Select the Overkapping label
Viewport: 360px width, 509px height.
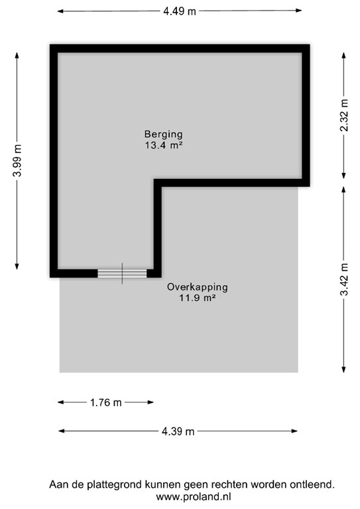pos(198,287)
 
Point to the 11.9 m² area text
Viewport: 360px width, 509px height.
pos(198,298)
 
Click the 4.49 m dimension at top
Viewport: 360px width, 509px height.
pos(180,11)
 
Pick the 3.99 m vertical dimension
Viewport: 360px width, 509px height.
pos(18,161)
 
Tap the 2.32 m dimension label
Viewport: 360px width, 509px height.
pos(343,115)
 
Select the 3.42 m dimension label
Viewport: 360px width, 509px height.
pos(343,278)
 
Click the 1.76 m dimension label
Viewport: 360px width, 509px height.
pos(106,402)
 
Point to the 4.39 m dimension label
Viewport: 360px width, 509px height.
pos(178,431)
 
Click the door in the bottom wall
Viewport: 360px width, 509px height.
pos(122,273)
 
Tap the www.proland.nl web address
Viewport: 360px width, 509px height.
pos(192,496)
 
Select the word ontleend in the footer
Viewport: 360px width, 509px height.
pos(312,485)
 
